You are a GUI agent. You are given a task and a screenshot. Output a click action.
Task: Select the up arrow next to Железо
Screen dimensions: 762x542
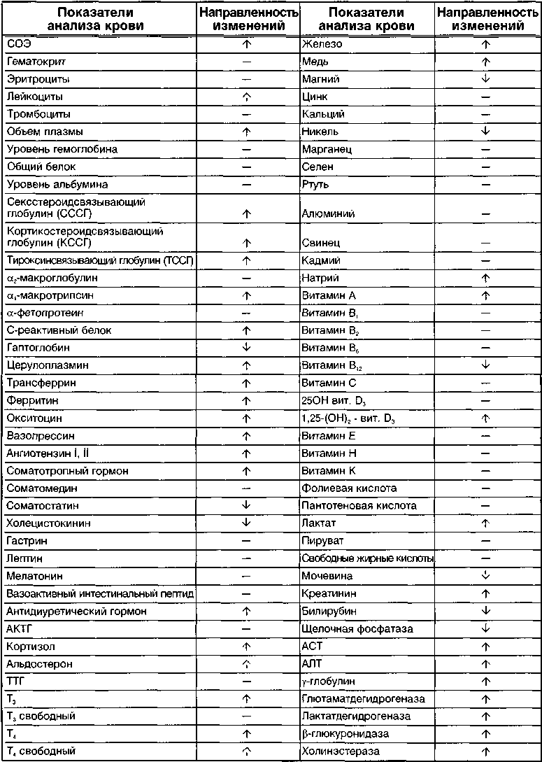tap(486, 44)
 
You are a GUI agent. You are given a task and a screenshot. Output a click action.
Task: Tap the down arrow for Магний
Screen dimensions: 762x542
tap(486, 79)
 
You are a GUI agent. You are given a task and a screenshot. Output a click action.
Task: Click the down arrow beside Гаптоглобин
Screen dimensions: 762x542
tap(245, 348)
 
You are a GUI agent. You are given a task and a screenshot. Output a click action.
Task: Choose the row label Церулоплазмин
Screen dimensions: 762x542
tap(42, 365)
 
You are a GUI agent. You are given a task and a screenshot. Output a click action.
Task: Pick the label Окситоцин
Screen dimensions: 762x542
tap(34, 418)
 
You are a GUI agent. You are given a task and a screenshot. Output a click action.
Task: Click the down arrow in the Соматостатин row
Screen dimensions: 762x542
tap(245, 505)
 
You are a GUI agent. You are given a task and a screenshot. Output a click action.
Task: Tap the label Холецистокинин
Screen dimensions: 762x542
tap(48, 523)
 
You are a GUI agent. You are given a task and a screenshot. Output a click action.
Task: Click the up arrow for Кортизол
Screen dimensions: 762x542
tap(245, 646)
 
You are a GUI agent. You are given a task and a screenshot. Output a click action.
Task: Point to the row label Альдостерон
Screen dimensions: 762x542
tap(39, 663)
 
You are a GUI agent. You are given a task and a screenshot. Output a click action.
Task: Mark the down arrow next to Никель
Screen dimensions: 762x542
tap(486, 132)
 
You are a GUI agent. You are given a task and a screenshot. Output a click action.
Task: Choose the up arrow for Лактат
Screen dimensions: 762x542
tap(486, 523)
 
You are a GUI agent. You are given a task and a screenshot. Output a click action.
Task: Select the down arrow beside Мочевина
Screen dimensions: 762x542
tap(486, 576)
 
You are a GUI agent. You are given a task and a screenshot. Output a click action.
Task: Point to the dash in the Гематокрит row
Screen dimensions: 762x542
tap(245, 62)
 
